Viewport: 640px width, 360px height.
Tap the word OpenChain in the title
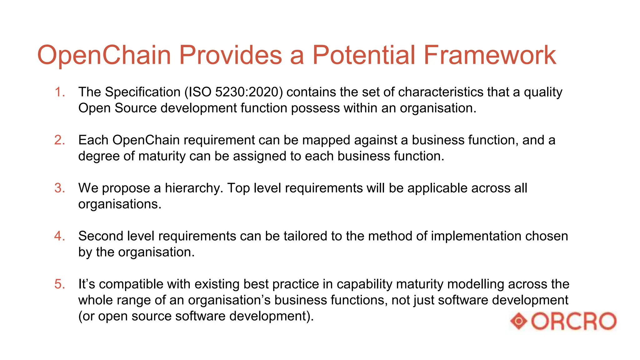104,55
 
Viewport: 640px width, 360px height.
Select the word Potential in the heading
364,55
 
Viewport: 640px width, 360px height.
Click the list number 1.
59,92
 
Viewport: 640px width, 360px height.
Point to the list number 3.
59,188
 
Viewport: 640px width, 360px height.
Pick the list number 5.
59,284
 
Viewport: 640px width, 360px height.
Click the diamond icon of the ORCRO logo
519,321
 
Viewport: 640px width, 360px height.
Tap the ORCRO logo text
574,321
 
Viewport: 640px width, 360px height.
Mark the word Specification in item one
142,92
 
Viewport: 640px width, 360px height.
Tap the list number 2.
59,140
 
